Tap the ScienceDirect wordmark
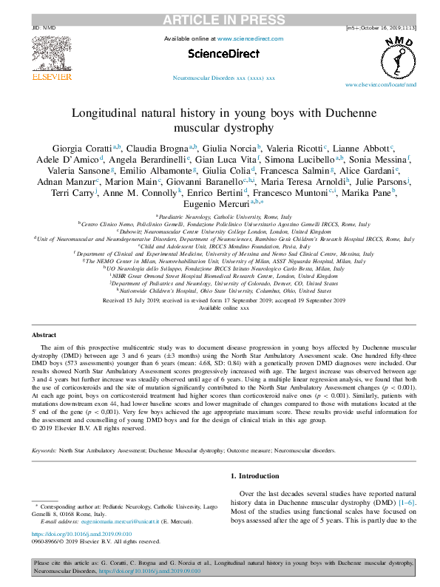[x=220, y=53]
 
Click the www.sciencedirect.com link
[x=246, y=38]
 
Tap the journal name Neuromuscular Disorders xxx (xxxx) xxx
[x=223, y=77]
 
